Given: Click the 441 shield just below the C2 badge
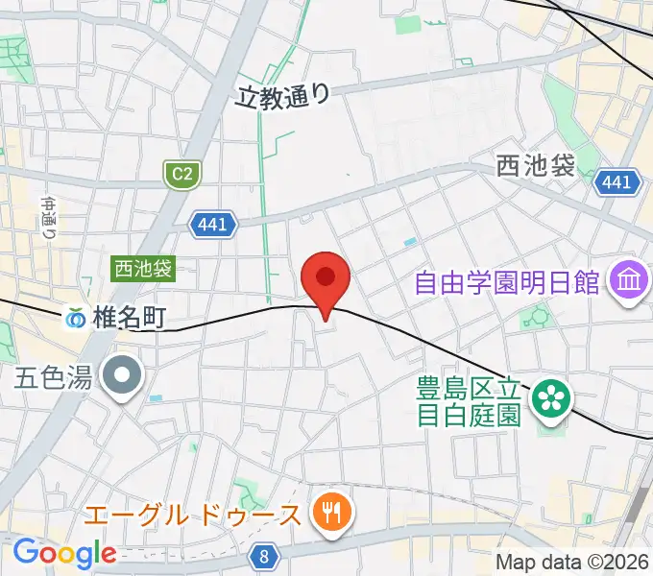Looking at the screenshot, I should coord(211,225).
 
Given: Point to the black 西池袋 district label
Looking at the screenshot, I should coord(536,165).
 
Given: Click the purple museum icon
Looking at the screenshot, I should coord(631,282).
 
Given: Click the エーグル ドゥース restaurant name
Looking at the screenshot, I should coord(192,516).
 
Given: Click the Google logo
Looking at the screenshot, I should coord(63,554).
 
